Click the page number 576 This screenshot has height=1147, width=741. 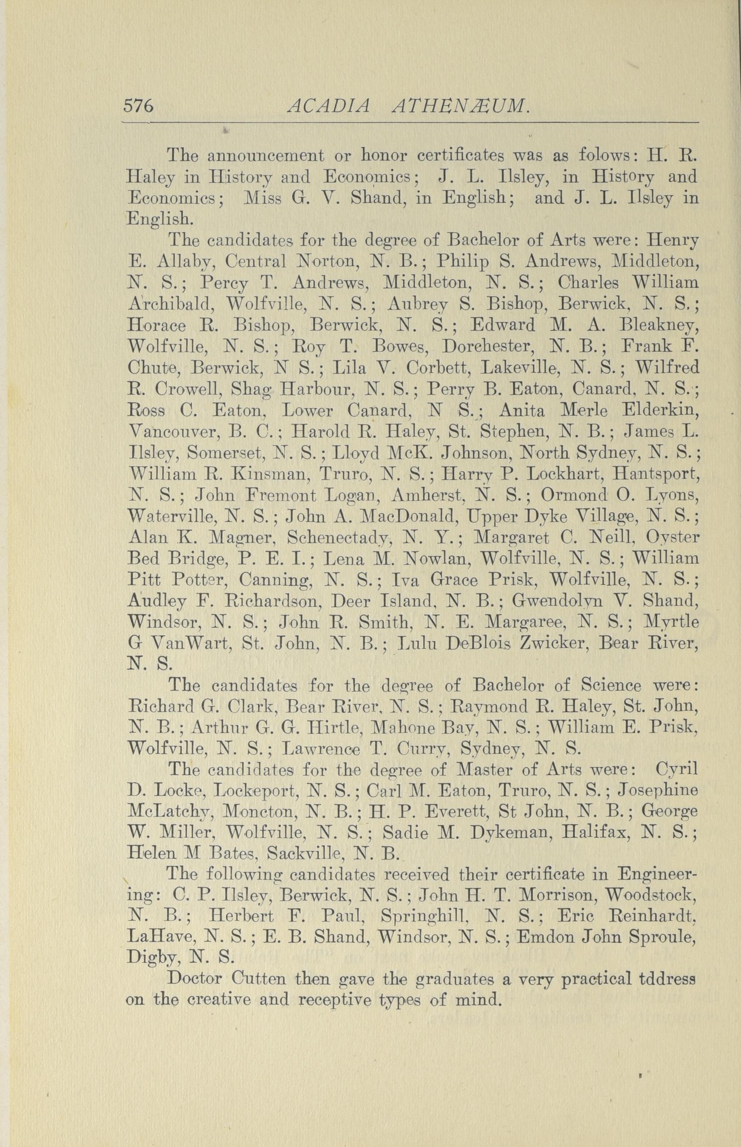tap(138, 105)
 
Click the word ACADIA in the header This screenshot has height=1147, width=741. tap(328, 105)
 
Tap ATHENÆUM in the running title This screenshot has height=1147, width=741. tap(461, 105)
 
